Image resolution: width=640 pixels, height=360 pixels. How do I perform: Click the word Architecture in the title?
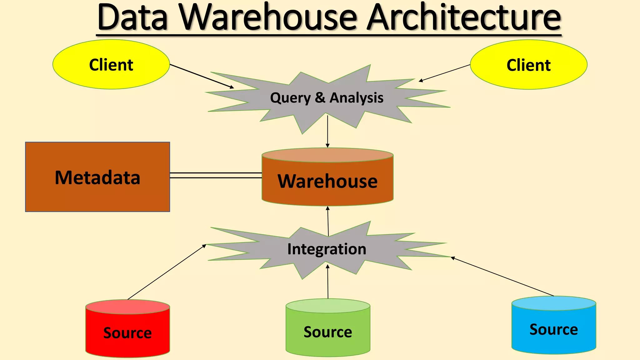click(464, 18)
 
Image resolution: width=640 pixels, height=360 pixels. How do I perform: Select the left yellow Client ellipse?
click(111, 65)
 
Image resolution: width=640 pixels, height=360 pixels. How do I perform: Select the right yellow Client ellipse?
click(528, 65)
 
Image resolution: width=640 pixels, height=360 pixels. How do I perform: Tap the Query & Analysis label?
click(327, 98)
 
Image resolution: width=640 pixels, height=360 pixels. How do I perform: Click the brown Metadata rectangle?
click(97, 177)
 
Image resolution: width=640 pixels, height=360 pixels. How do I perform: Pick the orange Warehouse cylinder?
click(327, 181)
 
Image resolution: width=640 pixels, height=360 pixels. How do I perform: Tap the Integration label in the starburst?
click(327, 249)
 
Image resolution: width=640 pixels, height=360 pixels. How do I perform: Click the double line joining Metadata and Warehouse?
click(216, 175)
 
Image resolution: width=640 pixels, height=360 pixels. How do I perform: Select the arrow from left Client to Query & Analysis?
click(202, 76)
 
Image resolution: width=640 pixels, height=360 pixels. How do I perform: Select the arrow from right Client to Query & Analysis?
click(444, 73)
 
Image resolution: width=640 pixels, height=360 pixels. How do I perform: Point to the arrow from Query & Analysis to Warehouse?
click(327, 131)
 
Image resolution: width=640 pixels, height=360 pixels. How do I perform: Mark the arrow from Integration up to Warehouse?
click(328, 221)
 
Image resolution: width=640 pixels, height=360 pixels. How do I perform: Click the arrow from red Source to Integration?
click(167, 272)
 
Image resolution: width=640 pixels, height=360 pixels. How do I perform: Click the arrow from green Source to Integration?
click(328, 281)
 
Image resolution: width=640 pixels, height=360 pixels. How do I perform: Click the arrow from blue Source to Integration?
click(502, 276)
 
